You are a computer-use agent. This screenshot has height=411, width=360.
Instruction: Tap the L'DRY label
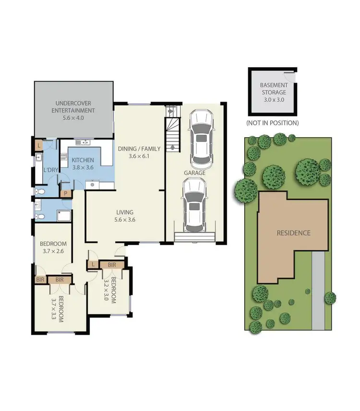51,170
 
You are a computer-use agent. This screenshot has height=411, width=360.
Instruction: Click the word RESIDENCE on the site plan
293,233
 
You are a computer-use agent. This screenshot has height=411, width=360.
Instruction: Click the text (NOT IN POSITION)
272,123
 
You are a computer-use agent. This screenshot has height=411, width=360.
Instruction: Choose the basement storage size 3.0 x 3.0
274,99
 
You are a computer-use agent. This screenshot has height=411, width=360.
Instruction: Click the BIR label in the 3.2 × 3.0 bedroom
112,265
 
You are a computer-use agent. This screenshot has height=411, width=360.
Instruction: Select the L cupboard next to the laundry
38,144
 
